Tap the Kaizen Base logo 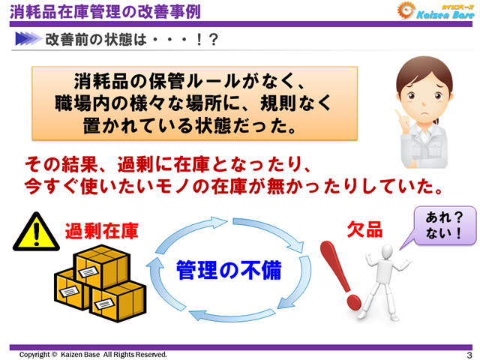[430, 10]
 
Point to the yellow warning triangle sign [33, 231]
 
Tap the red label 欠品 [365, 229]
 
